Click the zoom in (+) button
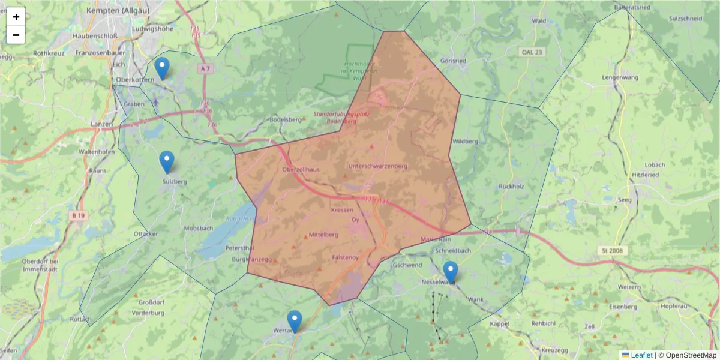[16, 17]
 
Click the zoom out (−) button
[16, 35]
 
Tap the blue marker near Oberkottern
[161, 68]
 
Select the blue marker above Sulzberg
[167, 161]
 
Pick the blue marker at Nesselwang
[450, 272]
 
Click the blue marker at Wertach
[294, 321]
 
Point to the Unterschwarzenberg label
[377, 166]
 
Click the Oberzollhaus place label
[301, 170]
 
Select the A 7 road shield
[206, 69]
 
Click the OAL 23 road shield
[532, 52]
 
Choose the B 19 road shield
[77, 215]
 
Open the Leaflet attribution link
[641, 355]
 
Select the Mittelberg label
[323, 235]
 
